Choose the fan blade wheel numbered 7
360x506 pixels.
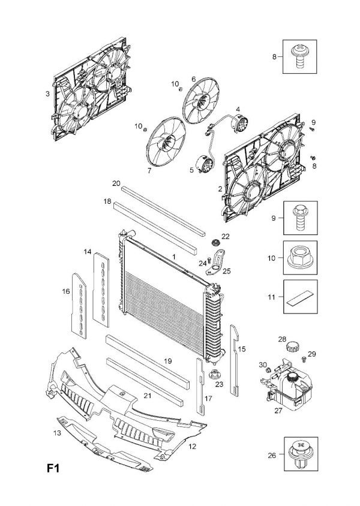[x=166, y=137]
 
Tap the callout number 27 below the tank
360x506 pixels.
[x=278, y=410]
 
